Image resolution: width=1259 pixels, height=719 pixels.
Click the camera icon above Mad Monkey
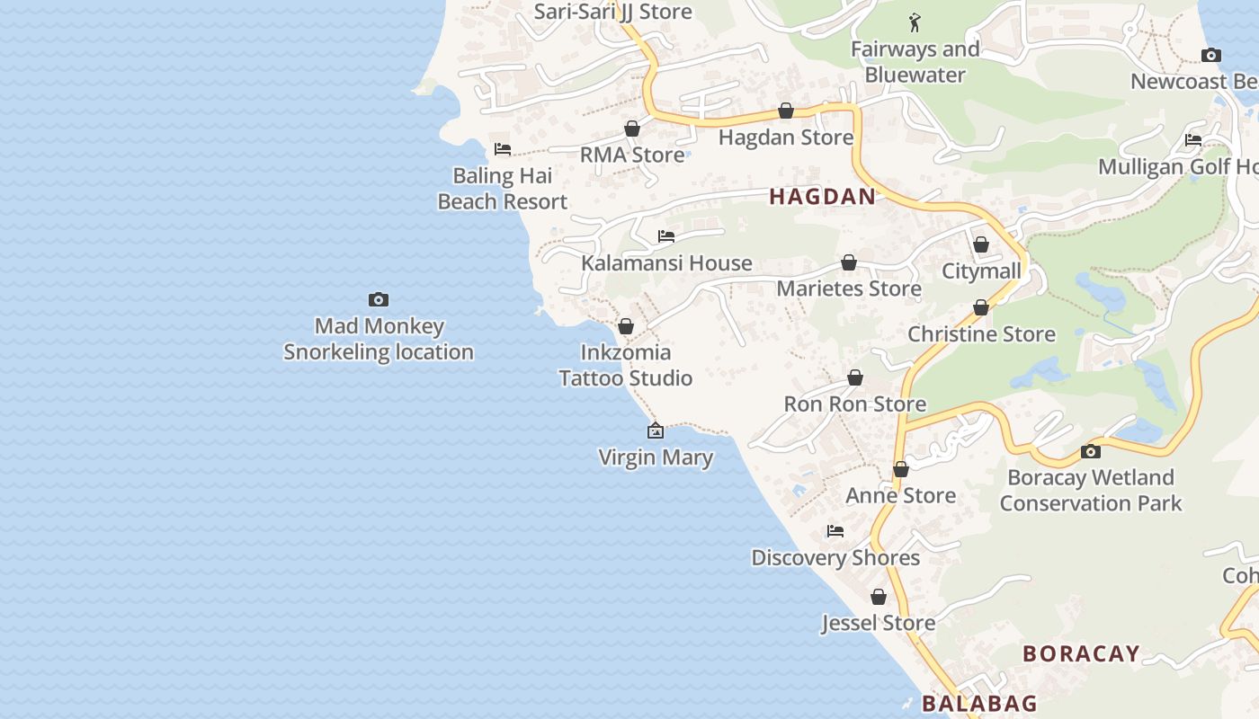pyautogui.click(x=379, y=299)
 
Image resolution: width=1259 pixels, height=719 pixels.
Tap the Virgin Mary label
pyautogui.click(x=656, y=457)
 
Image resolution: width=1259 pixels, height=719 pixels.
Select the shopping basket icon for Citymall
pyautogui.click(x=981, y=244)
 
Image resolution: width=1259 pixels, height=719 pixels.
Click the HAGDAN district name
pyautogui.click(x=822, y=197)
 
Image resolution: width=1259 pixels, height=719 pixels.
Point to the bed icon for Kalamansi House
pyautogui.click(x=666, y=236)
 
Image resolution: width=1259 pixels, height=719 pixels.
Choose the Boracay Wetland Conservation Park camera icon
pyautogui.click(x=1091, y=451)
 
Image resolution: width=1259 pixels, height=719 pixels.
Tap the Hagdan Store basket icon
pyautogui.click(x=786, y=111)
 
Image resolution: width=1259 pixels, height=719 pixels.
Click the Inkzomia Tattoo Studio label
pyautogui.click(x=626, y=365)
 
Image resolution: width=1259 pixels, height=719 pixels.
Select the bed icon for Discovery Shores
pyautogui.click(x=835, y=531)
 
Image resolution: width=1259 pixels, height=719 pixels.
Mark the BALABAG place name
pyautogui.click(x=979, y=703)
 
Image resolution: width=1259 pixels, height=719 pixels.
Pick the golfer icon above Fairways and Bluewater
pyautogui.click(x=915, y=22)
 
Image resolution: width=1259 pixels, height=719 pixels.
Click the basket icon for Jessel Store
pyautogui.click(x=879, y=597)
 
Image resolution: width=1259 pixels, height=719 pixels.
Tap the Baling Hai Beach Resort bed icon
pyautogui.click(x=503, y=148)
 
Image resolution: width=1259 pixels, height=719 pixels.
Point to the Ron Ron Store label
pyautogui.click(x=854, y=404)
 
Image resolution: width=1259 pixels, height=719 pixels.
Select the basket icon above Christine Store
pyautogui.click(x=981, y=307)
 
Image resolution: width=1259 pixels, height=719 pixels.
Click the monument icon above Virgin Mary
pyautogui.click(x=656, y=431)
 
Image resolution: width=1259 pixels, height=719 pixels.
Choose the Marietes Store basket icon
pyautogui.click(x=849, y=262)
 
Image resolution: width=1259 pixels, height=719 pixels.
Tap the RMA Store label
pyautogui.click(x=632, y=155)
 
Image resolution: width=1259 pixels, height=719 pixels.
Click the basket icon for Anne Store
pyautogui.click(x=901, y=469)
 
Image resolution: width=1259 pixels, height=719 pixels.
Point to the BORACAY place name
pyautogui.click(x=1081, y=653)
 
